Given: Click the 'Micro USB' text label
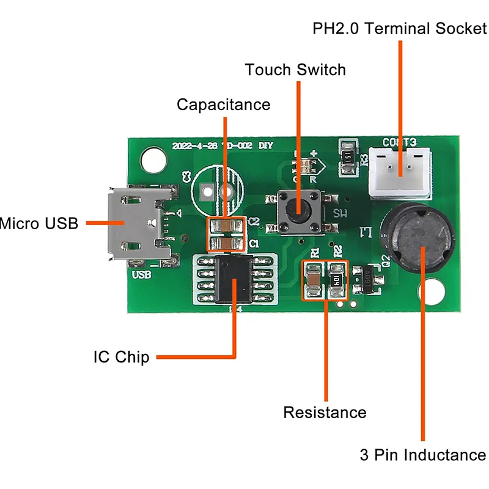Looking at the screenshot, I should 39,224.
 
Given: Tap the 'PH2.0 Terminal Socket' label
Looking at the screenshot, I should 400,28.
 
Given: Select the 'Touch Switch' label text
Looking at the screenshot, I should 295,70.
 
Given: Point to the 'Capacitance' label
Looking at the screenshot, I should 223,105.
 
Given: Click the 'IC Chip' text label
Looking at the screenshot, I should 121,356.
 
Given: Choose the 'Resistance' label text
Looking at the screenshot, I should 325,413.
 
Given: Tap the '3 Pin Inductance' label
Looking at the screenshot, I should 422,455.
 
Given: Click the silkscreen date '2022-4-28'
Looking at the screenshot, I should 192,146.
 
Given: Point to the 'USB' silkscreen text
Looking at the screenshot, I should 141,275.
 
